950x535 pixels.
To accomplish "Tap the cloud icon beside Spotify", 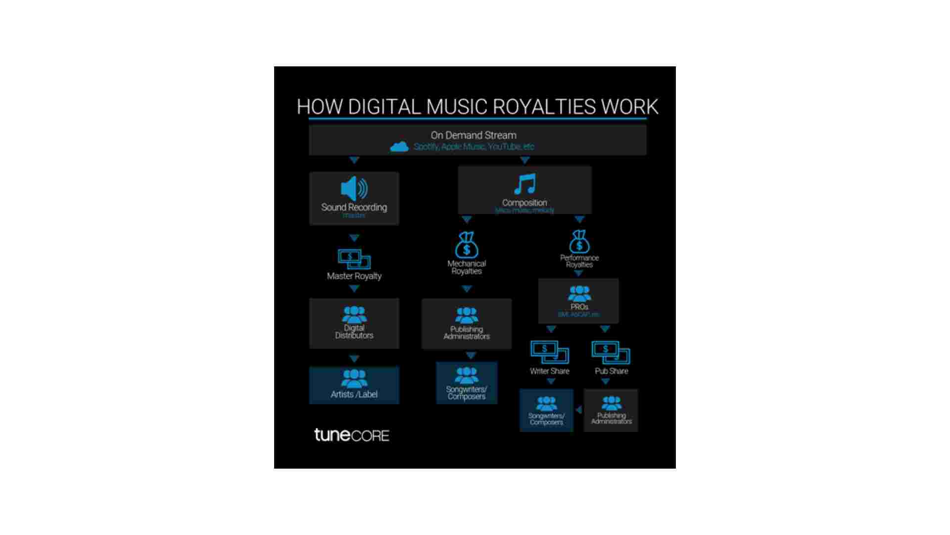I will click(x=399, y=147).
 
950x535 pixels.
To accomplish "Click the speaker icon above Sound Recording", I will click(x=354, y=188).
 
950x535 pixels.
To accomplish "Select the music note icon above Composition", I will click(x=524, y=184).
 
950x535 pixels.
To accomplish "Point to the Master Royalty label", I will click(x=354, y=276).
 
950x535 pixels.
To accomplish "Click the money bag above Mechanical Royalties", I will click(x=466, y=245).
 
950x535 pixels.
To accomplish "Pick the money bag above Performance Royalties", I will click(x=579, y=242).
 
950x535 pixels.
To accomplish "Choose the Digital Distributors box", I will click(x=354, y=323).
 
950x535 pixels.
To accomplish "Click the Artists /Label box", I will click(x=354, y=385).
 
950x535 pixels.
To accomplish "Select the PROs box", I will click(x=578, y=301).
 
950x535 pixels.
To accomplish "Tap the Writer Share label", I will click(x=550, y=371).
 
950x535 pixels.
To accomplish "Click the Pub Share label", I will click(x=612, y=371).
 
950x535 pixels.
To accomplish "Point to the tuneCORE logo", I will click(x=352, y=435).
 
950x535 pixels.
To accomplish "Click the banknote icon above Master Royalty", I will click(x=354, y=259).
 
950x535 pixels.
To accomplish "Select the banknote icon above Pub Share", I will click(x=611, y=352).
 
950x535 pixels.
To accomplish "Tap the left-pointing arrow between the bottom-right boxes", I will click(x=578, y=410).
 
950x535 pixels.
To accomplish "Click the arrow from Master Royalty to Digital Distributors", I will click(x=354, y=289).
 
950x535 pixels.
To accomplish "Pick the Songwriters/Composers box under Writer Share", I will click(x=547, y=410).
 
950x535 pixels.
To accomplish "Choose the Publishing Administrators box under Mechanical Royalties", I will click(x=467, y=323).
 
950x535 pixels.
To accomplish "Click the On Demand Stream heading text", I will click(x=474, y=135).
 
